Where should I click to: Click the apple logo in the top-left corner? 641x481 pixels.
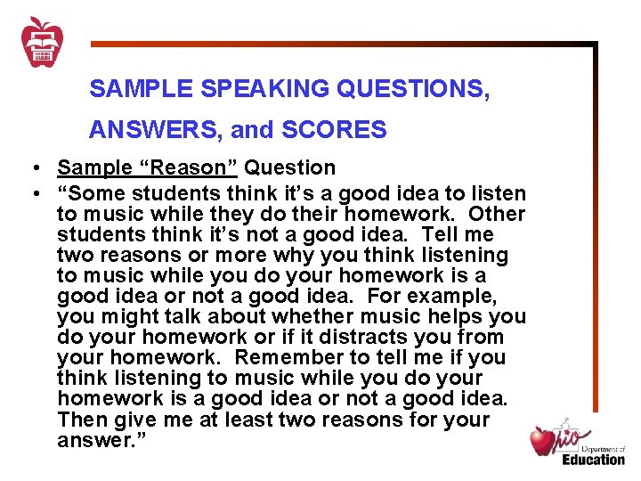tap(40, 41)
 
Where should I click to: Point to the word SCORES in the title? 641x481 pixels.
tap(334, 130)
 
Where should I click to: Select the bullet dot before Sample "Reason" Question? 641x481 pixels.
tap(31, 168)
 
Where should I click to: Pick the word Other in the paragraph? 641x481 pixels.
tap(497, 214)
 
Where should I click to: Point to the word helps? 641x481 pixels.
tap(451, 316)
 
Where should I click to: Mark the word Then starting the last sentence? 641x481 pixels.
tap(82, 419)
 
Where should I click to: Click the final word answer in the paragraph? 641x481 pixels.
tap(91, 440)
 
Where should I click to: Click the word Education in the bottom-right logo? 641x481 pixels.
tap(593, 460)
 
